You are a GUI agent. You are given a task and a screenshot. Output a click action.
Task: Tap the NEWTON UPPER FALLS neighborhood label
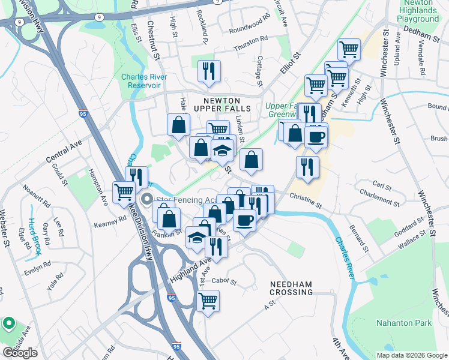pos(221,104)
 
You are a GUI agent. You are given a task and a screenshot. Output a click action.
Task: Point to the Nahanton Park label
pos(403,323)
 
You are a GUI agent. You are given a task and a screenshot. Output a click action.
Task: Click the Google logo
pos(20,353)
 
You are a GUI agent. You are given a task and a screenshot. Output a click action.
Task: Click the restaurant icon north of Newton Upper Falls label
pos(209,71)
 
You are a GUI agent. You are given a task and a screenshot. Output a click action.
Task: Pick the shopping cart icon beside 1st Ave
pos(208,301)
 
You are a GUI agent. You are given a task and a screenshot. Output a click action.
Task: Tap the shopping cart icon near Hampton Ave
pos(124,191)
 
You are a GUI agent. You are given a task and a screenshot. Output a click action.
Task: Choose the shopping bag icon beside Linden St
pos(252,159)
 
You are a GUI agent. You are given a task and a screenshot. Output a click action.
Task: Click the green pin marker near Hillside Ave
pos(8,324)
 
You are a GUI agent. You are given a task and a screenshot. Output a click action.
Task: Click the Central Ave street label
pos(63,152)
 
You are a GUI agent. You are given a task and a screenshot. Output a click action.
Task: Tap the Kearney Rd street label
pos(110,218)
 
